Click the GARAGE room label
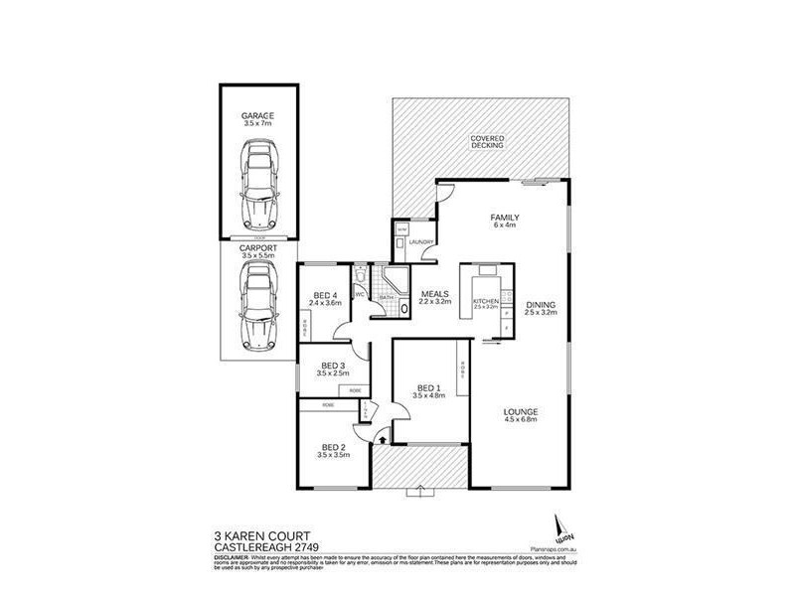coord(257,116)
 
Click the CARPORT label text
coord(257,250)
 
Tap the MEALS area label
coord(436,294)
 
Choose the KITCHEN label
coord(485,299)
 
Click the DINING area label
coord(542,306)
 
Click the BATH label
coord(386,297)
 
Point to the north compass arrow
coord(556,522)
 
